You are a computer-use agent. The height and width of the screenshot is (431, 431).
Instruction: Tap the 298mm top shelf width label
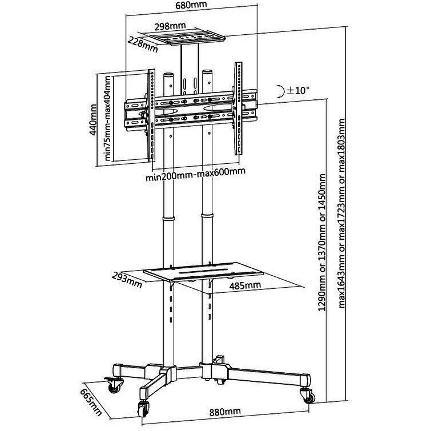(x=170, y=26)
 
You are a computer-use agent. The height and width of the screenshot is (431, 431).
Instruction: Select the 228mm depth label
(x=143, y=45)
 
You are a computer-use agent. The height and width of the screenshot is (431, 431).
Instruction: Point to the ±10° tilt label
(x=298, y=90)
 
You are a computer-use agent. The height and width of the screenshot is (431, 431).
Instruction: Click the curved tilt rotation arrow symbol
(x=280, y=91)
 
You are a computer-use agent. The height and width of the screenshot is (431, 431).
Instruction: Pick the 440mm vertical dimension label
(x=93, y=119)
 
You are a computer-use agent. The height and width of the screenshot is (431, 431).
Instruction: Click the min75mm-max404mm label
(x=107, y=118)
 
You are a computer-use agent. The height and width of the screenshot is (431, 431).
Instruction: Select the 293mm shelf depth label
(x=127, y=280)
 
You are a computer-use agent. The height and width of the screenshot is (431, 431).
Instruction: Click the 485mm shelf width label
(x=245, y=285)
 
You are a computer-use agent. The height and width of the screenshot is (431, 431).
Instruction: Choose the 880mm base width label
(x=225, y=412)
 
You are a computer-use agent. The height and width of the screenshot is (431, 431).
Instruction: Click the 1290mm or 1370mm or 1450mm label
(x=322, y=243)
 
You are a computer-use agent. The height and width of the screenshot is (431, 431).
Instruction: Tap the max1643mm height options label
(x=341, y=214)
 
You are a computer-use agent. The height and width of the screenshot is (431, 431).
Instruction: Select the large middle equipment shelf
(x=203, y=272)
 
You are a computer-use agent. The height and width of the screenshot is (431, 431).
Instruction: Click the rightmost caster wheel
(x=309, y=396)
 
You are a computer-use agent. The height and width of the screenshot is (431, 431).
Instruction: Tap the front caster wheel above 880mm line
(x=143, y=409)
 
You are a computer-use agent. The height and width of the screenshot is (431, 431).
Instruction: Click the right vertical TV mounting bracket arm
(x=238, y=108)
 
